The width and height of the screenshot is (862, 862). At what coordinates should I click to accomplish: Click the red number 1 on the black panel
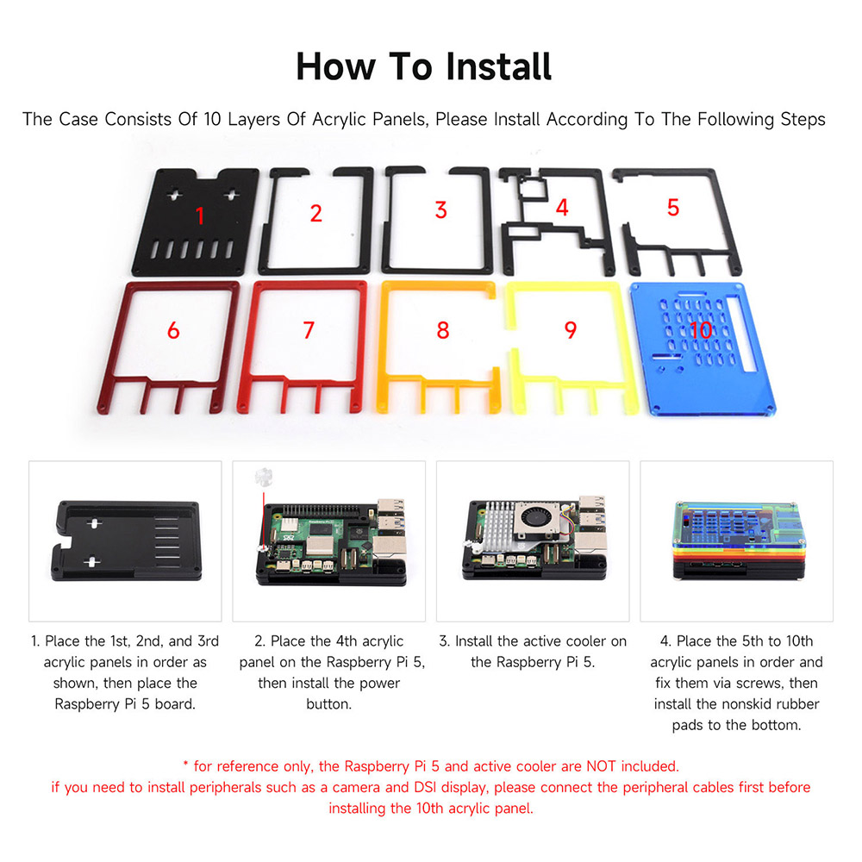pyautogui.click(x=199, y=215)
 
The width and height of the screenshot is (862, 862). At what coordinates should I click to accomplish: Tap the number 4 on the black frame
pyautogui.click(x=562, y=207)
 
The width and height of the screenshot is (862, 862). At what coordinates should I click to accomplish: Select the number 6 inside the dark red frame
pyautogui.click(x=173, y=329)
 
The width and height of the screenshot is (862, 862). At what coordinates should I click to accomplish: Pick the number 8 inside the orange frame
pyautogui.click(x=443, y=329)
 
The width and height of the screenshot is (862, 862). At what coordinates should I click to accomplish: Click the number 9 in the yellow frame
pyautogui.click(x=570, y=329)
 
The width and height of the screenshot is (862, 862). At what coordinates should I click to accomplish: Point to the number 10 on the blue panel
pyautogui.click(x=701, y=329)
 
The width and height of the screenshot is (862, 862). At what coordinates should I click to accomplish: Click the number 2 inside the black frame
pyautogui.click(x=316, y=213)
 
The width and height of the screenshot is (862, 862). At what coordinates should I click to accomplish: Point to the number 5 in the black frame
pyautogui.click(x=673, y=207)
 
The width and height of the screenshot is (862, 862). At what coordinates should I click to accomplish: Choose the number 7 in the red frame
pyautogui.click(x=309, y=329)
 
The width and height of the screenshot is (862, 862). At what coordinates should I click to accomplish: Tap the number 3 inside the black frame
pyautogui.click(x=440, y=209)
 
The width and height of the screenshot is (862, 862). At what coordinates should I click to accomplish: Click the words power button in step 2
pyautogui.click(x=328, y=694)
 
